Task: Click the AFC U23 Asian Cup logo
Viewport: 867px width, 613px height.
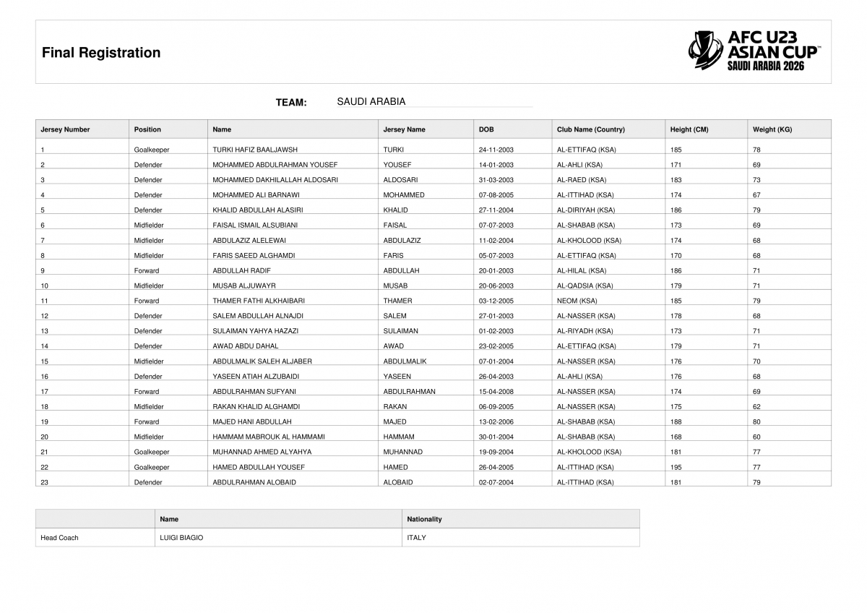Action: (x=754, y=51)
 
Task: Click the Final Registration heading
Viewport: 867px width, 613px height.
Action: (x=101, y=53)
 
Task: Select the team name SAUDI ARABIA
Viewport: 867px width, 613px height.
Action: (x=371, y=102)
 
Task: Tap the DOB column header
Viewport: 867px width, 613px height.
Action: (x=486, y=129)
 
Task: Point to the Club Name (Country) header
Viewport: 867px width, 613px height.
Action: (x=590, y=129)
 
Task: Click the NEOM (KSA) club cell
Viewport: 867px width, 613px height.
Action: (x=577, y=301)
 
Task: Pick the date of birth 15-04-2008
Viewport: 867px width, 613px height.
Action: (x=496, y=391)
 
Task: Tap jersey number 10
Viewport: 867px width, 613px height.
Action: (x=45, y=286)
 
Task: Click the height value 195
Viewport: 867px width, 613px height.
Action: (x=676, y=467)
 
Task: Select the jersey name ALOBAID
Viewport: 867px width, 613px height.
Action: (x=397, y=482)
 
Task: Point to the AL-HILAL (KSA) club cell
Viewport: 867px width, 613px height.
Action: (x=581, y=270)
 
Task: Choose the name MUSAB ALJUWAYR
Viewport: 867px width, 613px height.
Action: (x=244, y=286)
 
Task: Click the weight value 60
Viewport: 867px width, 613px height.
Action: (x=756, y=437)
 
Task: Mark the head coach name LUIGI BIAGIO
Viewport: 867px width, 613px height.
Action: (x=181, y=538)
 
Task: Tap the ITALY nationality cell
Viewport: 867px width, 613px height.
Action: (x=416, y=538)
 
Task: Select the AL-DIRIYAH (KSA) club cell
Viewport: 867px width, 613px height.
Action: (x=585, y=210)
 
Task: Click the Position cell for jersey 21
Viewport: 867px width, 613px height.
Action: (x=151, y=452)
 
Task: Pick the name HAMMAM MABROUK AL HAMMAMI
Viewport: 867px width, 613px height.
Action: (x=268, y=437)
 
